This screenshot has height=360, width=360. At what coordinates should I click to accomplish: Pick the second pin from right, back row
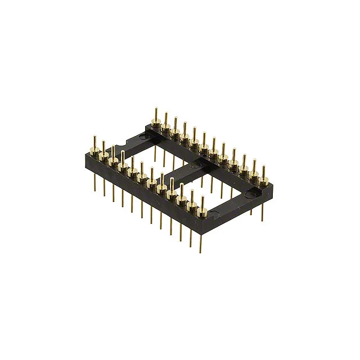pos(254,164)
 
